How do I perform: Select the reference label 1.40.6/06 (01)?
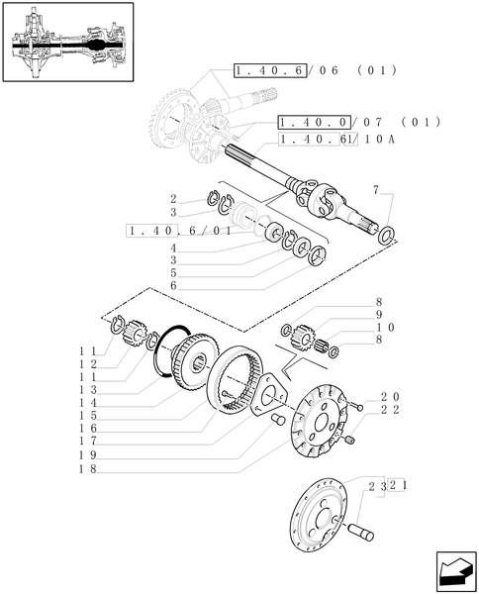(315, 70)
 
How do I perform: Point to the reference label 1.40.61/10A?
(336, 140)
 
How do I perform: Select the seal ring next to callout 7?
(390, 235)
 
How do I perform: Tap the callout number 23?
(375, 487)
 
